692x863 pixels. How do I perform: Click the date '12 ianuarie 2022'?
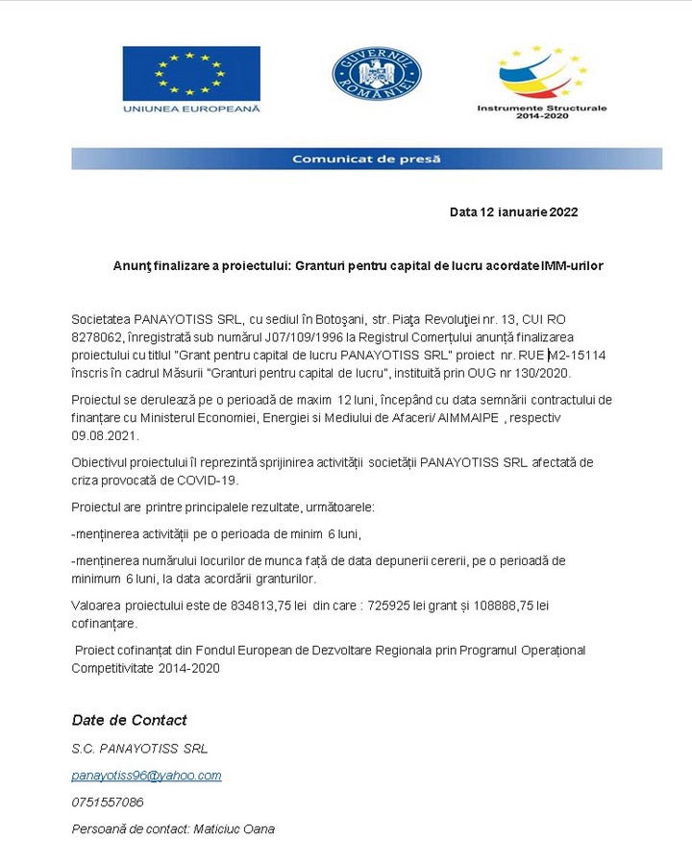click(529, 211)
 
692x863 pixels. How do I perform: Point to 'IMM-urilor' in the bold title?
click(572, 265)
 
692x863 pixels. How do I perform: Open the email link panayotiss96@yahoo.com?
click(146, 775)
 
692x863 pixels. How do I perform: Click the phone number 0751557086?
click(108, 801)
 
